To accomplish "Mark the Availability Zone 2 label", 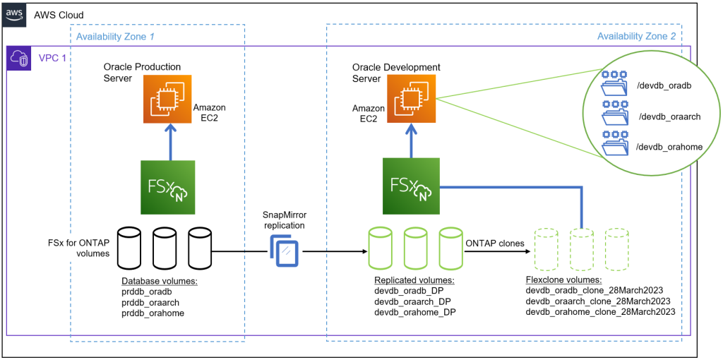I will [x=635, y=35].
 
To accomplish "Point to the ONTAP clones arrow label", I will [x=494, y=244].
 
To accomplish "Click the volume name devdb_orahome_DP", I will [x=414, y=312].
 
